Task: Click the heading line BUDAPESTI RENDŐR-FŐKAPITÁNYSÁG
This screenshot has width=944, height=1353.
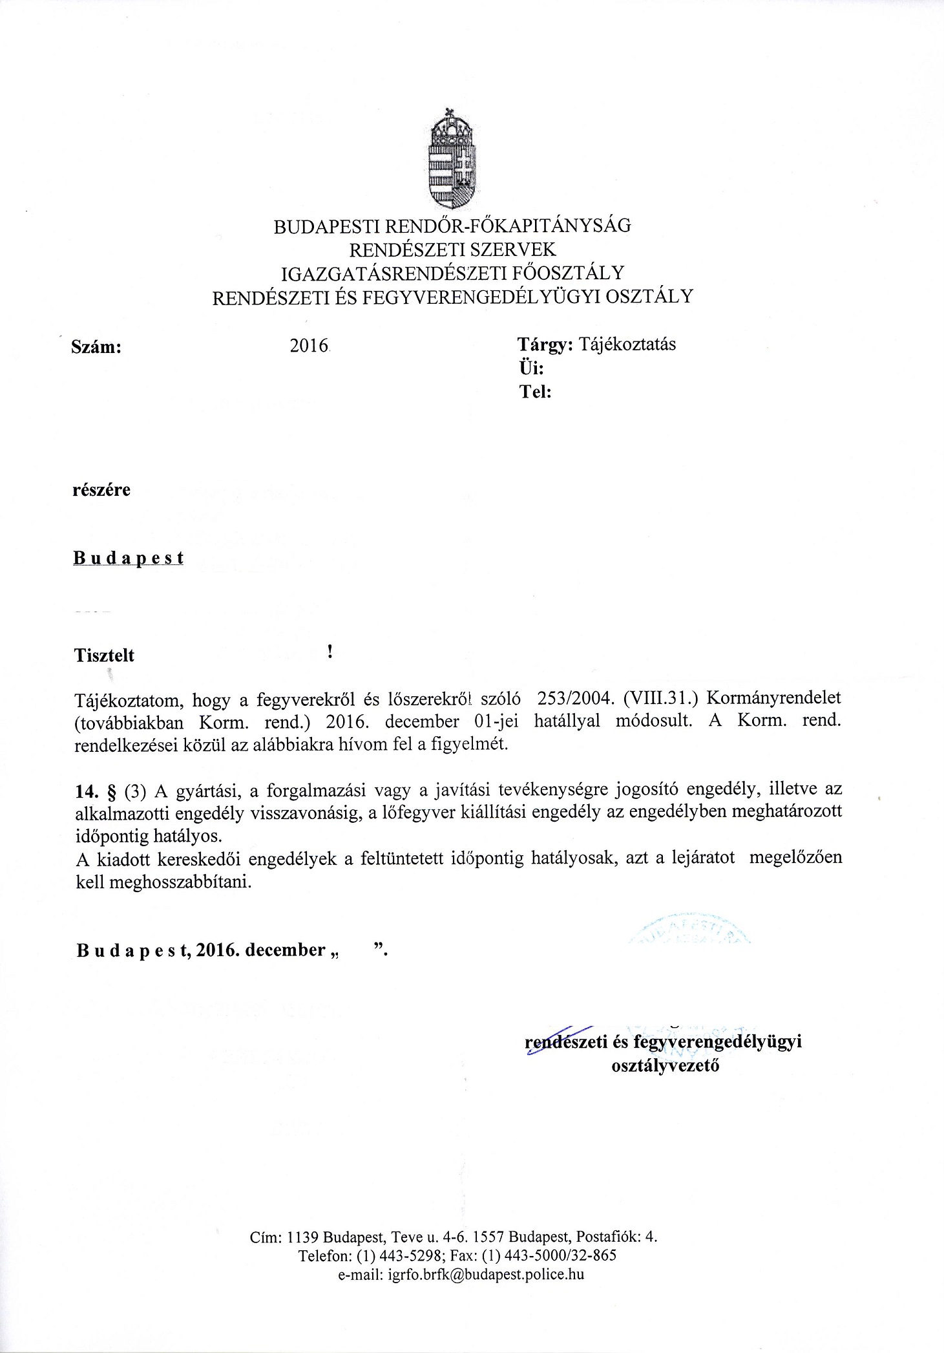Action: pos(452,226)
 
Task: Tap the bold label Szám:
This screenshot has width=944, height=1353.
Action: pos(98,346)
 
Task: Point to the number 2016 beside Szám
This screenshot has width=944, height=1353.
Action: pos(309,346)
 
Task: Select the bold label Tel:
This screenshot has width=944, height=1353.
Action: pos(535,392)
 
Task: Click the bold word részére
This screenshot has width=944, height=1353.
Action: pos(102,490)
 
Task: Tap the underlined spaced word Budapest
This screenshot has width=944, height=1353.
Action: pos(129,558)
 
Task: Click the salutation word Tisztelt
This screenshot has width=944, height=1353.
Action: pos(105,655)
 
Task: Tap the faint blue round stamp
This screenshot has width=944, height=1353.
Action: pos(686,930)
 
